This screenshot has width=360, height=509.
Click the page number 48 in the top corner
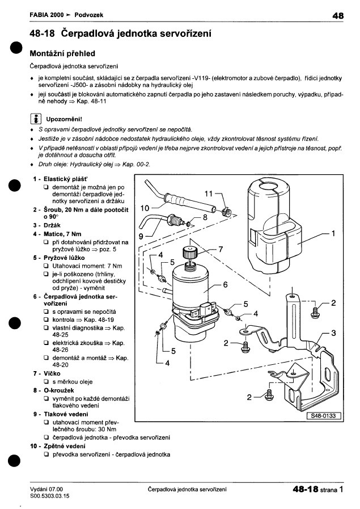[338, 15]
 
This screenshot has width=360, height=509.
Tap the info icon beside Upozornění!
[35, 119]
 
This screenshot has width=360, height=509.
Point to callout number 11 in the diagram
[209, 194]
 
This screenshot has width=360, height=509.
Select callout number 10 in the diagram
[145, 208]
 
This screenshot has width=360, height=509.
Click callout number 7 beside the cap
[221, 249]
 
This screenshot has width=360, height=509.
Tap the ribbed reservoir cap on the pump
[190, 252]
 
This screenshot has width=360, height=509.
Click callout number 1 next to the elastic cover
[333, 233]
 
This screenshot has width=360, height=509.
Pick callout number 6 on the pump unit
[225, 285]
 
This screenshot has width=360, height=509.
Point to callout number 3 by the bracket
[333, 333]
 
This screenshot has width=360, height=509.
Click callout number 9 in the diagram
[141, 237]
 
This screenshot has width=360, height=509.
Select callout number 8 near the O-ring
[205, 217]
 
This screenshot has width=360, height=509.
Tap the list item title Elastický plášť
[66, 179]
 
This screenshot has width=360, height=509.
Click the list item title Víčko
[52, 373]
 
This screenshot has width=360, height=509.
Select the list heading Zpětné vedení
[65, 446]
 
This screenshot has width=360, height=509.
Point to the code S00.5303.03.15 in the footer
[50, 496]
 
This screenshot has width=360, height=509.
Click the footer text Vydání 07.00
[46, 489]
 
